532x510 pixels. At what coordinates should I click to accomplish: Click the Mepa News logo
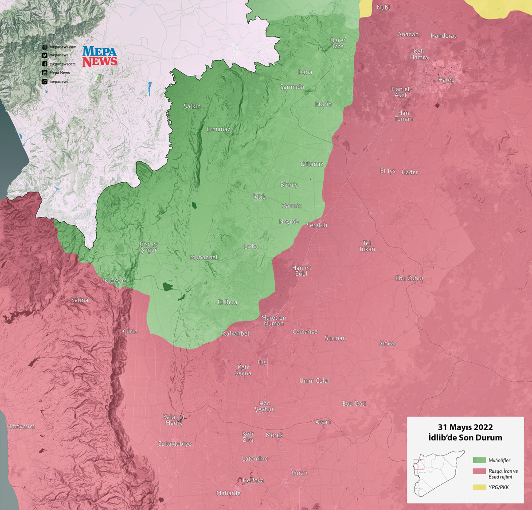click(x=100, y=56)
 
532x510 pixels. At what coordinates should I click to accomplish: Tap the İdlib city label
click(x=259, y=196)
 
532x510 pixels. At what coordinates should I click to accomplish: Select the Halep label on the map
click(x=446, y=80)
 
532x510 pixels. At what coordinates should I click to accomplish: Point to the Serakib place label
click(x=317, y=225)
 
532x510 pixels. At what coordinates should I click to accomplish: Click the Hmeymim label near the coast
click(x=20, y=426)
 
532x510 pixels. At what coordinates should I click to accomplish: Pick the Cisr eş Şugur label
click(x=149, y=247)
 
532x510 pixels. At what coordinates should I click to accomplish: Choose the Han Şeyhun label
click(x=265, y=406)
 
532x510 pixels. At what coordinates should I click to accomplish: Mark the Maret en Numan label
click(x=274, y=321)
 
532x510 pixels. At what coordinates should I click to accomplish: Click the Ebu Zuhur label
click(x=409, y=278)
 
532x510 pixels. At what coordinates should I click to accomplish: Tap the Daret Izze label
click(x=338, y=43)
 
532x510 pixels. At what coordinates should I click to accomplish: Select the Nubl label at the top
click(x=383, y=8)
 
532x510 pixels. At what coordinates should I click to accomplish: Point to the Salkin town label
click(x=192, y=106)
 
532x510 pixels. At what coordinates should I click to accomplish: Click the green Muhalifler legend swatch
click(x=479, y=460)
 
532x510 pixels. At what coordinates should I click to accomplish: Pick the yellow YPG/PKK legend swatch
click(x=479, y=487)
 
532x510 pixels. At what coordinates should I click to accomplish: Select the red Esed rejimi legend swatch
click(x=479, y=471)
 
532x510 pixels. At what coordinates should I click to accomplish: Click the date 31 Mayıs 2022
click(x=465, y=428)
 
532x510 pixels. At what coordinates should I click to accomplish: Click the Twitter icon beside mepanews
click(x=45, y=55)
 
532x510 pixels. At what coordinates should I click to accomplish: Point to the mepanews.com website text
click(x=63, y=47)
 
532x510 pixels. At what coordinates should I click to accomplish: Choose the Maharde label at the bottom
click(x=228, y=493)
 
